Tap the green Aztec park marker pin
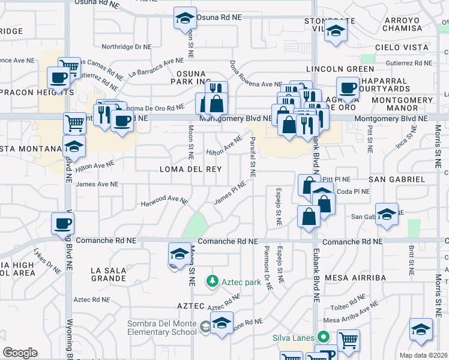pos(211,280)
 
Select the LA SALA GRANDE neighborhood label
pos(109,275)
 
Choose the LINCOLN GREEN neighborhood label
pos(340,69)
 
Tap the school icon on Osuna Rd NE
pos(185,18)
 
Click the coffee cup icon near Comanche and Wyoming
pos(62,223)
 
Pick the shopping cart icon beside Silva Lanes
pos(349,340)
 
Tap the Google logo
pos(20,352)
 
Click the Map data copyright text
pos(424,355)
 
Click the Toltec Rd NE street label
pos(348,299)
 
